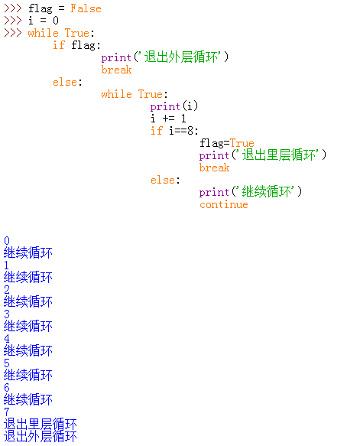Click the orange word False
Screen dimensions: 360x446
click(86, 8)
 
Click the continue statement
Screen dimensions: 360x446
click(224, 204)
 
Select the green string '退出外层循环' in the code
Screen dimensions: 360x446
click(182, 57)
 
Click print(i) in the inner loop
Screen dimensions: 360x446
click(174, 106)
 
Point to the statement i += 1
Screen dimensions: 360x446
click(168, 119)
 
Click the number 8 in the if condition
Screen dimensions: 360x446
click(190, 131)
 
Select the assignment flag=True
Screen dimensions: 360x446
click(227, 143)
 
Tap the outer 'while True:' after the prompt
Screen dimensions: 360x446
click(61, 33)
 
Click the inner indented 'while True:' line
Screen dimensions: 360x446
click(135, 94)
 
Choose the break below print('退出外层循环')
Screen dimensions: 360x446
click(116, 70)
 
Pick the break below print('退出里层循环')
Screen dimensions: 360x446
click(214, 168)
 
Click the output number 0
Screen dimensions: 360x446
click(7, 241)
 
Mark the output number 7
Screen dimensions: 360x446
click(7, 412)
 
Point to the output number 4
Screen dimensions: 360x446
click(7, 338)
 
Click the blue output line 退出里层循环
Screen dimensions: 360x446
click(41, 424)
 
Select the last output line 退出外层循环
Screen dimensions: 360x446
click(41, 436)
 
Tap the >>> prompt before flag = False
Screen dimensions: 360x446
click(13, 8)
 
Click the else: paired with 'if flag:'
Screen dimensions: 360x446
click(67, 82)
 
